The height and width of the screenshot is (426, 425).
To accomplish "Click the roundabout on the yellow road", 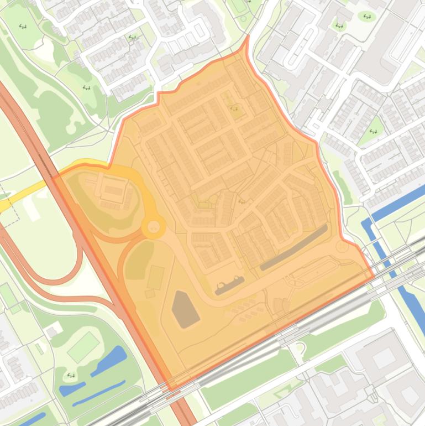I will [153, 226].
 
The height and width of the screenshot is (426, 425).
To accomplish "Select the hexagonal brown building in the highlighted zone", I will [185, 309].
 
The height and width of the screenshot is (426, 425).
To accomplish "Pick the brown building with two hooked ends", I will [230, 285].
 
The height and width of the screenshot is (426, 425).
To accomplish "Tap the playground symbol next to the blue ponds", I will [70, 376].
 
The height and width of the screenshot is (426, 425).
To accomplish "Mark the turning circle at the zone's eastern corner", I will [342, 247].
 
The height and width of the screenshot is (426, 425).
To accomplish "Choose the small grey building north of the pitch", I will [53, 331].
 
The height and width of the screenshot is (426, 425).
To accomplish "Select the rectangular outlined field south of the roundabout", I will [156, 277].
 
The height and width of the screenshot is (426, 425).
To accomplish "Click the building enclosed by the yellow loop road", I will [114, 191].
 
